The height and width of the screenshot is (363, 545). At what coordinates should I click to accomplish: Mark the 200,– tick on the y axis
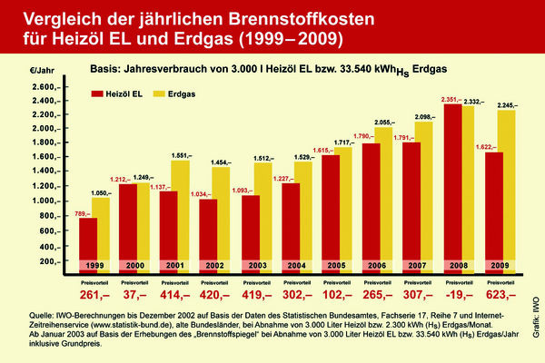(47, 260)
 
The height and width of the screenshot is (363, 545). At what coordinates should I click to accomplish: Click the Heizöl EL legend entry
(124, 93)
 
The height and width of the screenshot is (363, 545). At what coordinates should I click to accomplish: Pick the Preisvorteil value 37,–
(136, 295)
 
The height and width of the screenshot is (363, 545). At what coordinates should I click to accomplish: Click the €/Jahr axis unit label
(42, 69)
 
